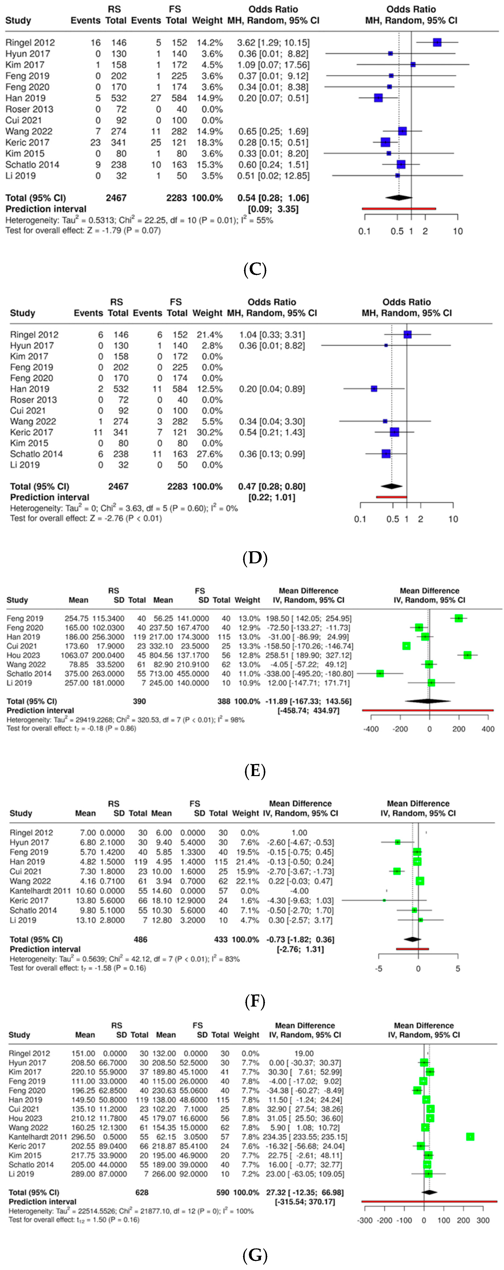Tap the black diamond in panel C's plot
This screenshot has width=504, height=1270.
(x=399, y=198)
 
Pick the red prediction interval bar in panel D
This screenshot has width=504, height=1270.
(x=391, y=497)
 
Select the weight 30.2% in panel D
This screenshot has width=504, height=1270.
(x=209, y=432)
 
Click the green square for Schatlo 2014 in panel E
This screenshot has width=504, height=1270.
(x=380, y=673)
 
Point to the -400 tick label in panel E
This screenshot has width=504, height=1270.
(x=371, y=729)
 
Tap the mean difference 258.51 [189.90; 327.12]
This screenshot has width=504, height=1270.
(x=308, y=655)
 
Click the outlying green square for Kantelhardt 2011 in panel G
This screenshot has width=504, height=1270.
(x=470, y=1137)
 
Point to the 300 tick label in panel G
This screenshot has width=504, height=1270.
(x=483, y=1221)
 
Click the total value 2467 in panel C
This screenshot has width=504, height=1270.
(x=116, y=198)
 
